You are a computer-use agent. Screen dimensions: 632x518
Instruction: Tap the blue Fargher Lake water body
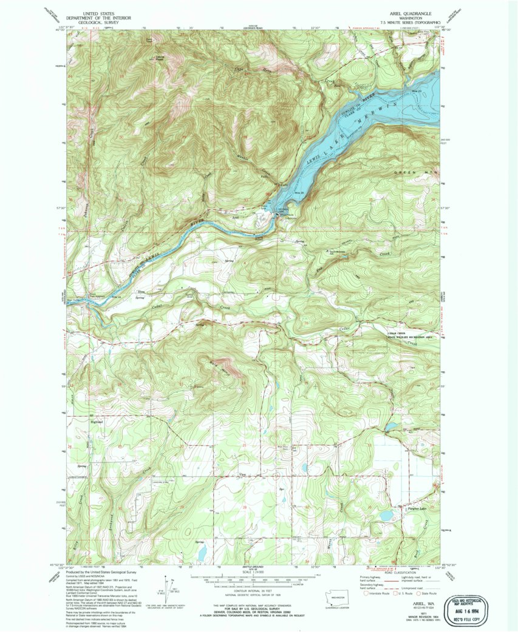click(x=386, y=516)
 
